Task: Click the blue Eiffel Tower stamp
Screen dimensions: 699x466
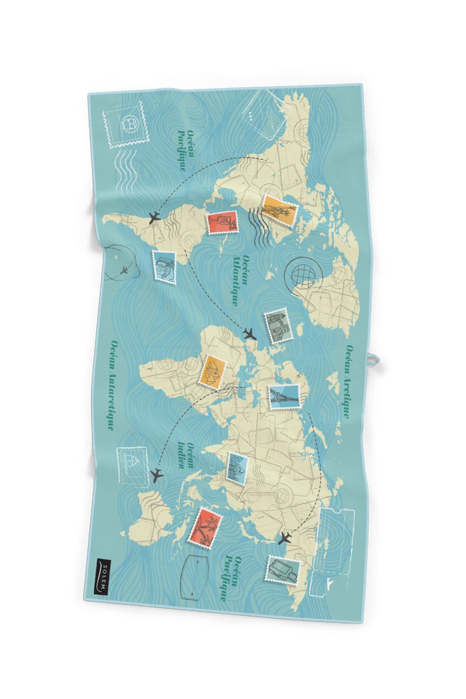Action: coord(283,396)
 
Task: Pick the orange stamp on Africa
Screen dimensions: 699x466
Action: coord(212,372)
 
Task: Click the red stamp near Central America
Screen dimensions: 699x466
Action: coord(221,223)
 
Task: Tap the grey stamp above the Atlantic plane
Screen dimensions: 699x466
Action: coord(276,327)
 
